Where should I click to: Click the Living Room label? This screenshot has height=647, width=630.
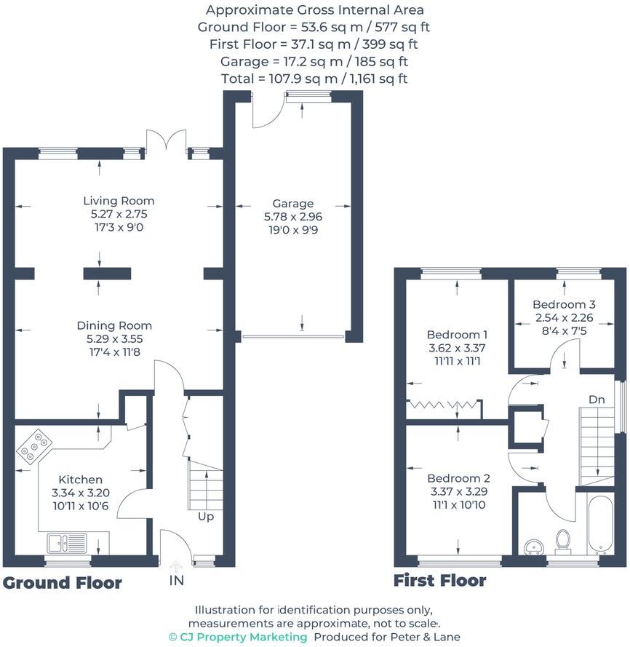(119, 201)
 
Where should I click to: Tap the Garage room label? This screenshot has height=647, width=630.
(293, 204)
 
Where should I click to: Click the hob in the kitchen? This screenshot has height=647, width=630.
(33, 445)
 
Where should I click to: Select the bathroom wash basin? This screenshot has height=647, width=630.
(533, 547)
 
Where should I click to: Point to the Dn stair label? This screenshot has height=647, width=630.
(597, 400)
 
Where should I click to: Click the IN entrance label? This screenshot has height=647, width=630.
(176, 580)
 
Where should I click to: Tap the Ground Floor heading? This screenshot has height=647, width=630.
(62, 583)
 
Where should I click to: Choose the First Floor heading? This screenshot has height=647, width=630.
(439, 581)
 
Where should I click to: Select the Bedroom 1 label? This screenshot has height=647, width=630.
(457, 335)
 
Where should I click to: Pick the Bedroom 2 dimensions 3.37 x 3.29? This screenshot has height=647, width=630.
(458, 492)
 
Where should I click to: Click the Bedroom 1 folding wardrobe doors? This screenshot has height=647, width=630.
(444, 405)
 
